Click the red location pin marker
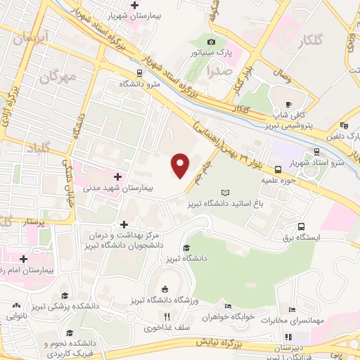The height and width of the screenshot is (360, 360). click(181, 165)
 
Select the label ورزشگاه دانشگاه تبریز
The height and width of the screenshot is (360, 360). click(165, 301)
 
